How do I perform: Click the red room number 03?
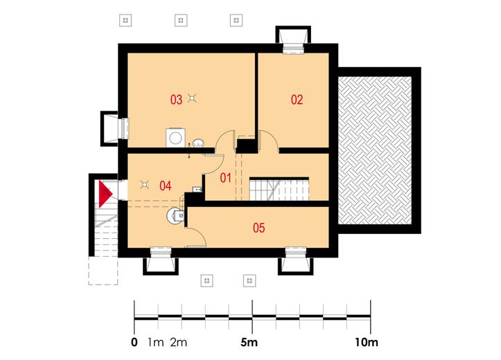176,100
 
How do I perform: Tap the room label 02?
297,100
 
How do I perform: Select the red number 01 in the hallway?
226,178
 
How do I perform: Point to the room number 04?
165,186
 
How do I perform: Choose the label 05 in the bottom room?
258,228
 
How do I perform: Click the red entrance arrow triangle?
104,194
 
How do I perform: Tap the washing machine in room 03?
175,138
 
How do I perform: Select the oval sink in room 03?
198,143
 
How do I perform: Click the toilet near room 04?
175,217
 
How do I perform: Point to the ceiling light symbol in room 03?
192,98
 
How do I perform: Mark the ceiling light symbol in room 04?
145,184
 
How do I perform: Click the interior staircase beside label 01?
279,189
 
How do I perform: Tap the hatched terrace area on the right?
374,150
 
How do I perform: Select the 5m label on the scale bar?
249,343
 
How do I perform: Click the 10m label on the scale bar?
367,343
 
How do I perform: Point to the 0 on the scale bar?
134,343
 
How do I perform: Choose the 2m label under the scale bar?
179,343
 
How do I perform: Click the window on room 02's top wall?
293,48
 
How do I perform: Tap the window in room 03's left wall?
123,128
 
